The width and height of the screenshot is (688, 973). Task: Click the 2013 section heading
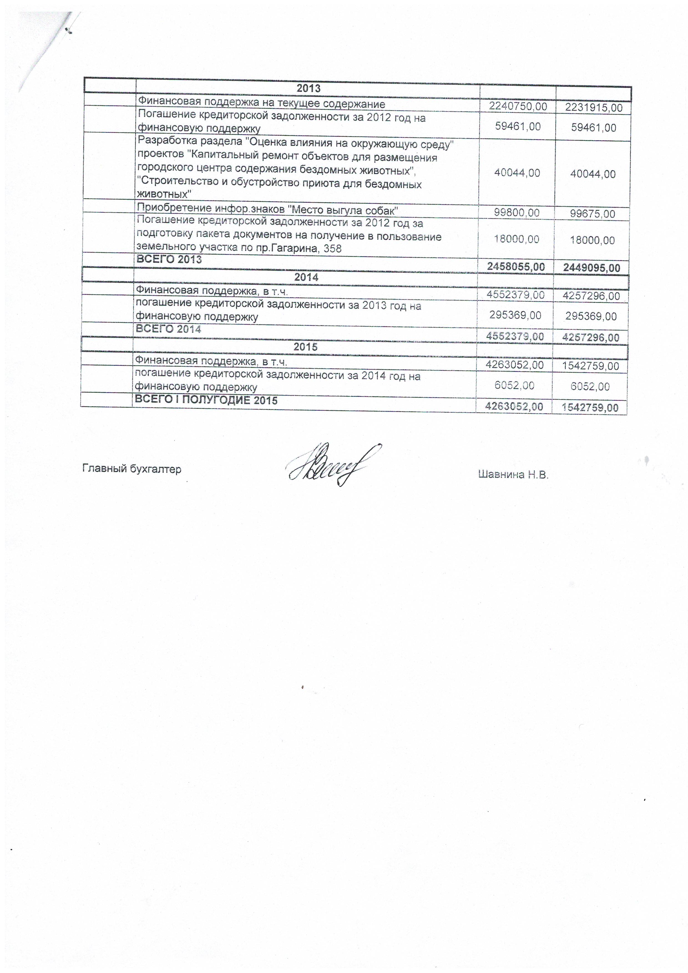point(308,88)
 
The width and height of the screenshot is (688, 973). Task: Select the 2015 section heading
point(305,347)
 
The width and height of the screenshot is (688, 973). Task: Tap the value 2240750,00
point(518,106)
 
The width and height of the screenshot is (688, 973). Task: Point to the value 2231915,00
point(593,108)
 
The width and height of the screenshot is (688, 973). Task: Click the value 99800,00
point(517,213)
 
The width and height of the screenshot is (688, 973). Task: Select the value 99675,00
point(592,214)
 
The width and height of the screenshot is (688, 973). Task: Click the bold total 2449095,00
point(591,268)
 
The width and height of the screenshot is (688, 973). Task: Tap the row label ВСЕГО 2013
point(169,259)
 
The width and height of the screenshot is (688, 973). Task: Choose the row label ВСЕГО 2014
point(168,329)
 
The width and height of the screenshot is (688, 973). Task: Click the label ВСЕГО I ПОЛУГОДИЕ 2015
point(206,400)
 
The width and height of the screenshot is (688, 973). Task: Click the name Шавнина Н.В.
point(513,475)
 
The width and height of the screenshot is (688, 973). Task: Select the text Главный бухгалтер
point(131,469)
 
